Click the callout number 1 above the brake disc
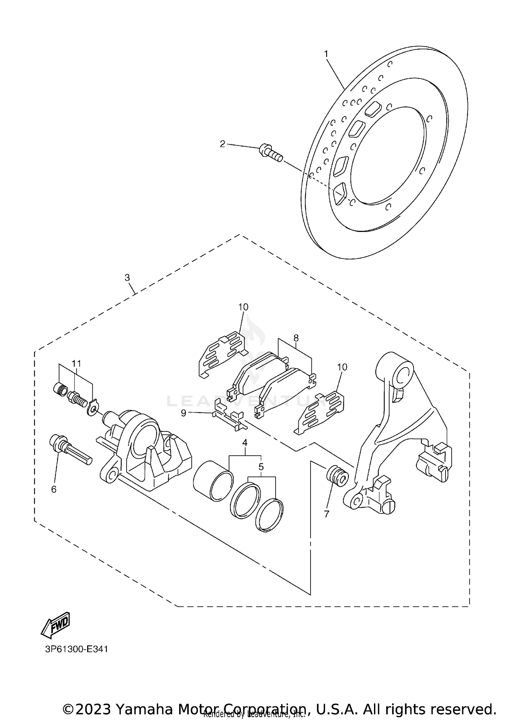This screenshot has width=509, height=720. tap(326, 54)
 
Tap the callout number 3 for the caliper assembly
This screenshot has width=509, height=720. tap(127, 278)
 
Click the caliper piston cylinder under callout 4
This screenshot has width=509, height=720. tap(213, 480)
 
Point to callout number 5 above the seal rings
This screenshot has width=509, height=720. tap(261, 467)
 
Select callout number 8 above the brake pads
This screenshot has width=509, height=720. tap(296, 338)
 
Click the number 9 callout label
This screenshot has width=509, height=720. tap(184, 413)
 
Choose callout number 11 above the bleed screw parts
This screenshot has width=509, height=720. tap(76, 363)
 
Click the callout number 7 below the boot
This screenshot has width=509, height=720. tap(326, 514)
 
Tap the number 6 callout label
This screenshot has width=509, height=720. tap(54, 489)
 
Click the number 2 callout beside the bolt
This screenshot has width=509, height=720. tap(222, 144)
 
